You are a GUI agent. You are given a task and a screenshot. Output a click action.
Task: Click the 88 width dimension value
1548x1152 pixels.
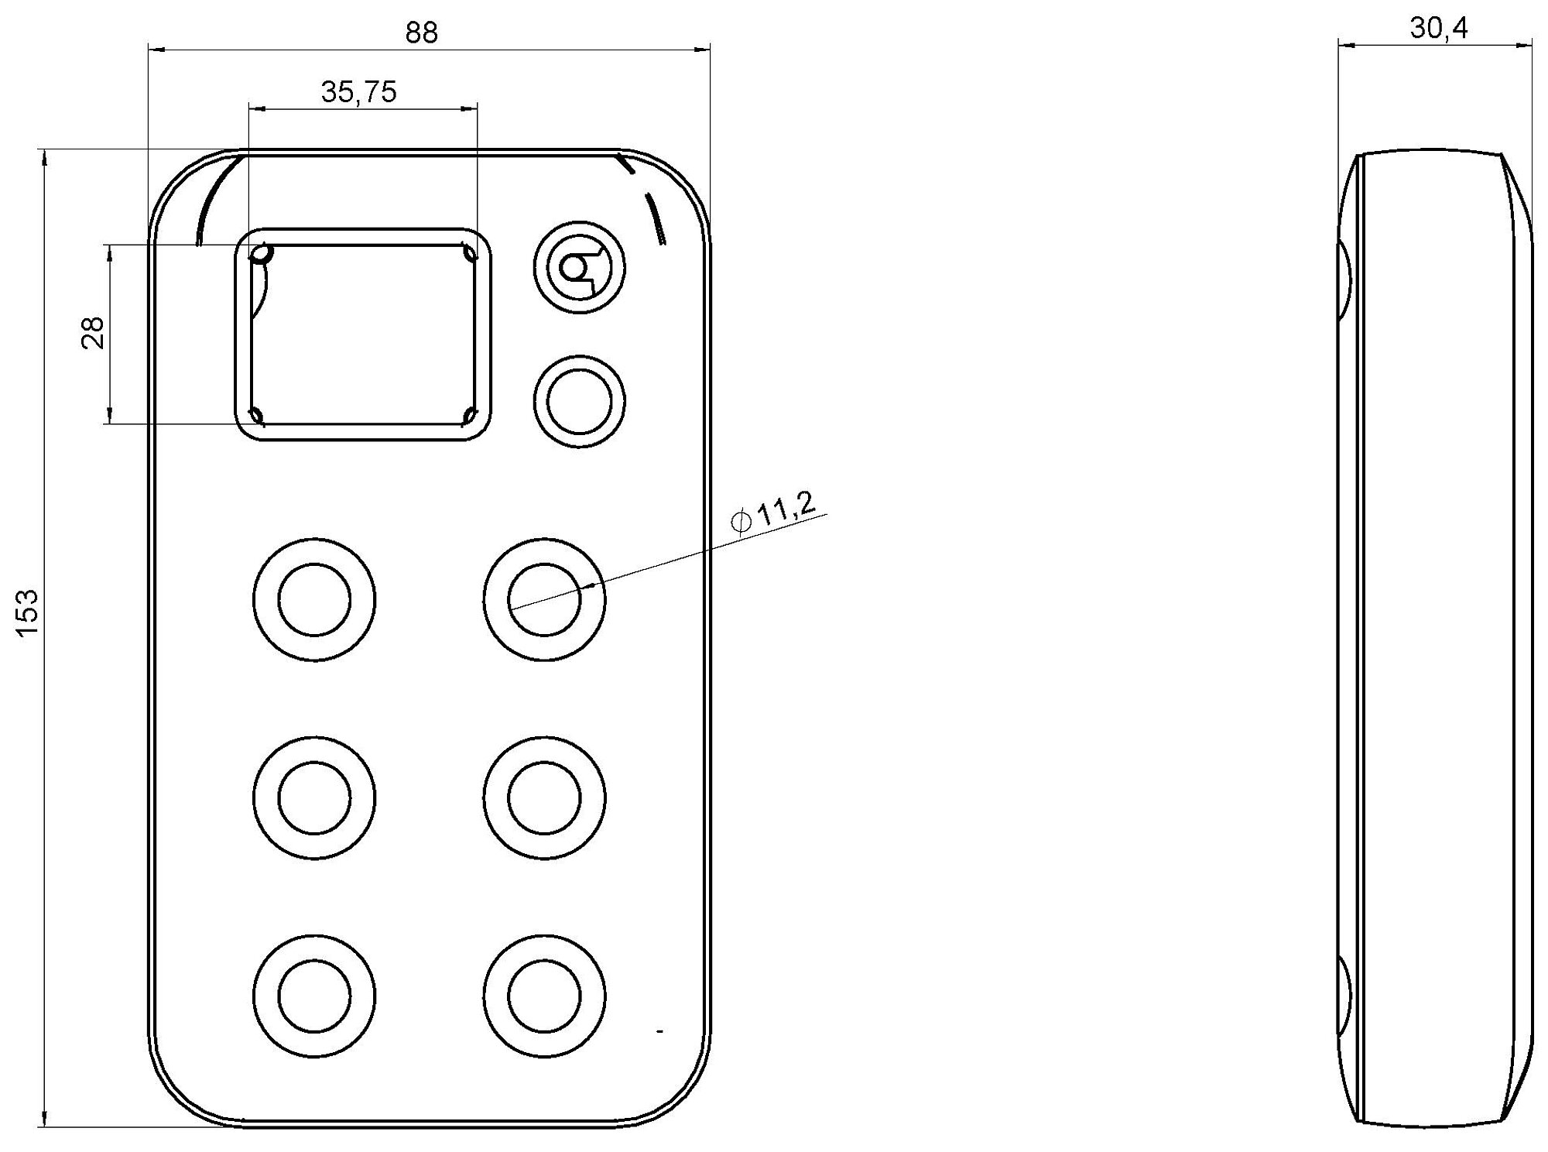(421, 33)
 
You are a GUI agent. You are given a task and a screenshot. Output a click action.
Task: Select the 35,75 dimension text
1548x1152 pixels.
(359, 92)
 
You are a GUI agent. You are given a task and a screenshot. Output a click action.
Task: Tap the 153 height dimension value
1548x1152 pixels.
(28, 613)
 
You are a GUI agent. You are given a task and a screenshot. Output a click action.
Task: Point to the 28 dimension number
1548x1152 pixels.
(94, 334)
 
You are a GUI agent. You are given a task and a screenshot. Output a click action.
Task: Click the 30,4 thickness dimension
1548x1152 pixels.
(1439, 29)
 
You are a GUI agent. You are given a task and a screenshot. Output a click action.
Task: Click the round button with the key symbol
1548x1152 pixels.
(579, 268)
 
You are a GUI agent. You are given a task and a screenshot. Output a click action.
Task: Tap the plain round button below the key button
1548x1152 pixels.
(579, 401)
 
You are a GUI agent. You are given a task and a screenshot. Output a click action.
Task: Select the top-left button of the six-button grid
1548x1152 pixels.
(314, 600)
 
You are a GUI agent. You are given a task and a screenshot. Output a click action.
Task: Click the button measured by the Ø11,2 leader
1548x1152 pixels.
(544, 600)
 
